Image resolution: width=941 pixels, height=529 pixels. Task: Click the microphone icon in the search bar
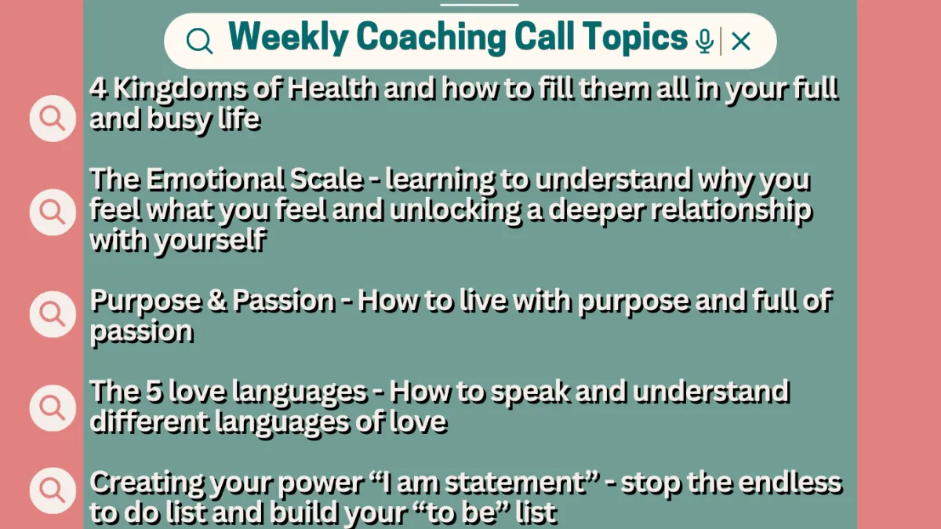pyautogui.click(x=704, y=42)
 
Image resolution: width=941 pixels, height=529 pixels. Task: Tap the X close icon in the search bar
pyautogui.click(x=740, y=42)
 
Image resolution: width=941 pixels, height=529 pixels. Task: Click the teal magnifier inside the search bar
pyautogui.click(x=199, y=42)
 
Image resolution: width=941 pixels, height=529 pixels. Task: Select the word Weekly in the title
pyautogui.click(x=289, y=38)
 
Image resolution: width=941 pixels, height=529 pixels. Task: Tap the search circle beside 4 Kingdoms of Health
pyautogui.click(x=53, y=119)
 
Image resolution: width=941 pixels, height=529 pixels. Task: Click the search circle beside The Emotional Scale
pyautogui.click(x=53, y=212)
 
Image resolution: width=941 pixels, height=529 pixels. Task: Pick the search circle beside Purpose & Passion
pyautogui.click(x=53, y=314)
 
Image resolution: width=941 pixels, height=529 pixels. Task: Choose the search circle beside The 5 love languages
pyautogui.click(x=53, y=408)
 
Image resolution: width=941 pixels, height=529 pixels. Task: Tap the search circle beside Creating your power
pyautogui.click(x=53, y=491)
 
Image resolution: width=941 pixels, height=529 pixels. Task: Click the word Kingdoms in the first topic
pyautogui.click(x=180, y=90)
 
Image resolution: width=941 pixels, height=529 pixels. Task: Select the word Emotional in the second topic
pyautogui.click(x=255, y=180)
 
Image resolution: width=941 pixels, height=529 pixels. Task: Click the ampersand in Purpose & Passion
pyautogui.click(x=217, y=301)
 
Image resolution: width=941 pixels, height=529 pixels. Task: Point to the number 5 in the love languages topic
pyautogui.click(x=154, y=392)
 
